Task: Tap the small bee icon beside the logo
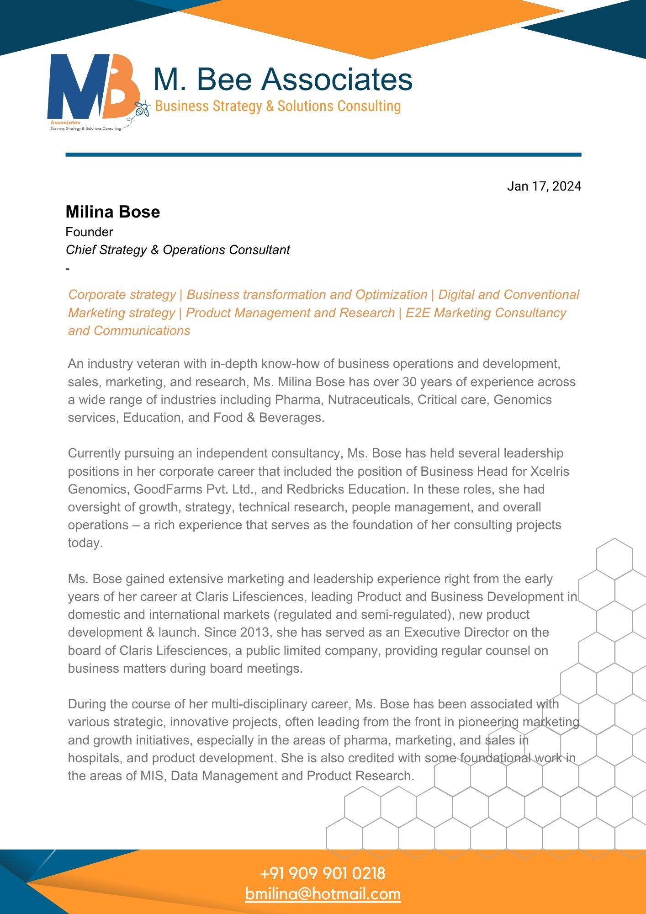click(x=142, y=109)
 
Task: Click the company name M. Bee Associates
click(x=282, y=79)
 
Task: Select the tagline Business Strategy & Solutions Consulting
click(x=278, y=106)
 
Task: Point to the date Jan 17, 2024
click(x=544, y=186)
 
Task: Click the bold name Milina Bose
click(x=113, y=212)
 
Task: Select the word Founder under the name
click(x=89, y=232)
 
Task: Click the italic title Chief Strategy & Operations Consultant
click(x=178, y=250)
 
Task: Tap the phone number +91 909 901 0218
click(x=323, y=874)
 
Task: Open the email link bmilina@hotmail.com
click(x=323, y=894)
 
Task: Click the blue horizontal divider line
click(x=323, y=155)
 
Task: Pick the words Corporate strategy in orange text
click(x=122, y=295)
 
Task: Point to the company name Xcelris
click(x=550, y=472)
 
